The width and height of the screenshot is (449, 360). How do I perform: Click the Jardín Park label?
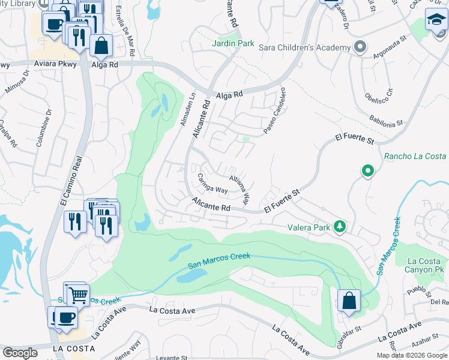[x=233, y=44]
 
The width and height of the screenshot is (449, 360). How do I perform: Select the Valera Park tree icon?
[x=340, y=226]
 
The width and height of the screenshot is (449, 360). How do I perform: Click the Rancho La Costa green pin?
[x=367, y=172]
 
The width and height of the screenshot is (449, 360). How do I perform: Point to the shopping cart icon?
[x=77, y=295]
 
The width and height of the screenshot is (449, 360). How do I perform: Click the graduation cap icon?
[x=436, y=21]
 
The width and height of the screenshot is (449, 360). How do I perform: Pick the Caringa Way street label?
[x=212, y=184]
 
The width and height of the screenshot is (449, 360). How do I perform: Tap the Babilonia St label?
[x=386, y=121]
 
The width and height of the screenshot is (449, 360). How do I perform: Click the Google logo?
[x=20, y=352]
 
